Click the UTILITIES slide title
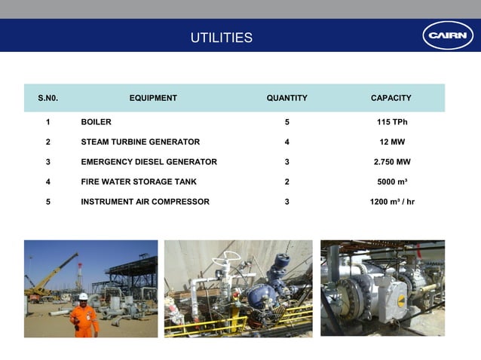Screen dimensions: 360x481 click(x=221, y=38)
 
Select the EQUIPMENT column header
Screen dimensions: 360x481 click(x=153, y=98)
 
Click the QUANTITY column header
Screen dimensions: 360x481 click(x=286, y=98)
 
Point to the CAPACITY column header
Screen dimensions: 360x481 click(x=391, y=98)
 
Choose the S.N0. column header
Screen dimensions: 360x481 click(x=48, y=98)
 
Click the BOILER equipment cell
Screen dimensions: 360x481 click(x=96, y=122)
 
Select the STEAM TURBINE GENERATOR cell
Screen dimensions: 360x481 click(x=140, y=142)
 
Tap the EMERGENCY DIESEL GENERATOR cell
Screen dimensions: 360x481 click(x=149, y=162)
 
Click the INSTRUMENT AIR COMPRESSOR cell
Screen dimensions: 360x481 click(x=145, y=202)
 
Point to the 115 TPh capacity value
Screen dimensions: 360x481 click(x=391, y=122)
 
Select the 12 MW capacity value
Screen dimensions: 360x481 click(x=391, y=142)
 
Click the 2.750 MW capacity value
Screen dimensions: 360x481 click(x=391, y=162)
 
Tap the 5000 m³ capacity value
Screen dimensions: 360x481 click(x=391, y=182)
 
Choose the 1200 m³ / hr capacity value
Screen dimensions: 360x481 click(x=391, y=202)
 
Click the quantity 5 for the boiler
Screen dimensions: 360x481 click(x=287, y=122)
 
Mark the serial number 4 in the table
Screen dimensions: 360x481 click(x=48, y=182)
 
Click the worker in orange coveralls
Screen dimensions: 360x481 click(x=84, y=316)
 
